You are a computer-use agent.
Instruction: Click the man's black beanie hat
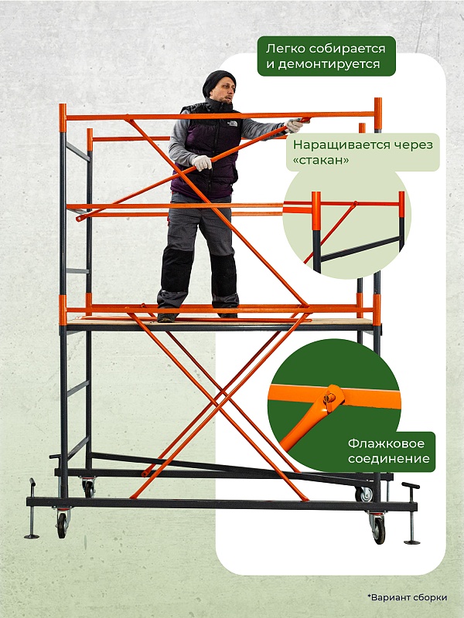click(218, 82)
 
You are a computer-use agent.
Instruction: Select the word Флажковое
click(386, 443)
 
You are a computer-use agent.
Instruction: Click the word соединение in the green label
click(389, 459)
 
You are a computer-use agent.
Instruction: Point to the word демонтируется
click(323, 64)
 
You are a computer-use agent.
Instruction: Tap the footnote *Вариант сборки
click(408, 597)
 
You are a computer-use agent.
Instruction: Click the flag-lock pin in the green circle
click(329, 399)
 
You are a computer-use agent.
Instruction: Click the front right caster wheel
click(379, 531)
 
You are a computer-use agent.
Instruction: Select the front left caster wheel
click(62, 525)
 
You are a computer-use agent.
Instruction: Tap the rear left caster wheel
click(89, 488)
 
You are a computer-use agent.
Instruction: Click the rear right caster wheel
click(365, 494)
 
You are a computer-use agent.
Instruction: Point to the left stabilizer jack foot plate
click(32, 536)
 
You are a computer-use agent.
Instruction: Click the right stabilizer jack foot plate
click(412, 542)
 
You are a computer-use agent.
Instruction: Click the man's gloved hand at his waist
click(202, 162)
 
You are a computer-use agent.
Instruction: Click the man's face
click(225, 91)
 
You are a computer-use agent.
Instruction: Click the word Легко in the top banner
click(285, 49)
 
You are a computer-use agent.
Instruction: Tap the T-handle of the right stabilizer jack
click(411, 486)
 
